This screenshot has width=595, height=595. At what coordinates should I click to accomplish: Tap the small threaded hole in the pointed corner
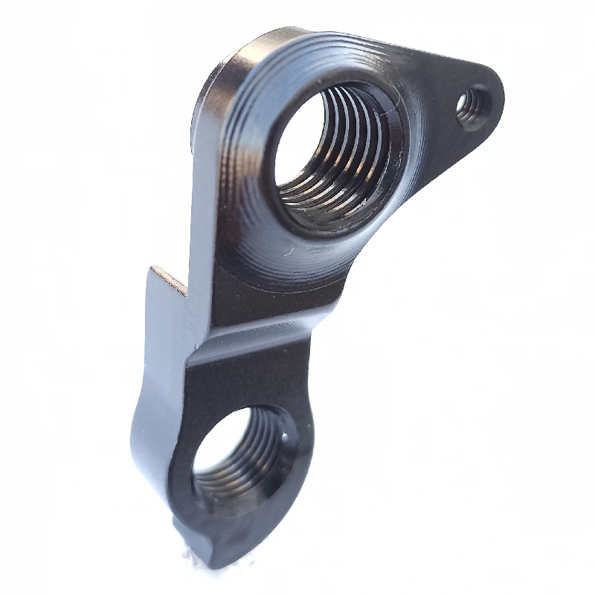(x=472, y=109)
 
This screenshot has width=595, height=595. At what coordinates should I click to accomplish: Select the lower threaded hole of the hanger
(x=238, y=454)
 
